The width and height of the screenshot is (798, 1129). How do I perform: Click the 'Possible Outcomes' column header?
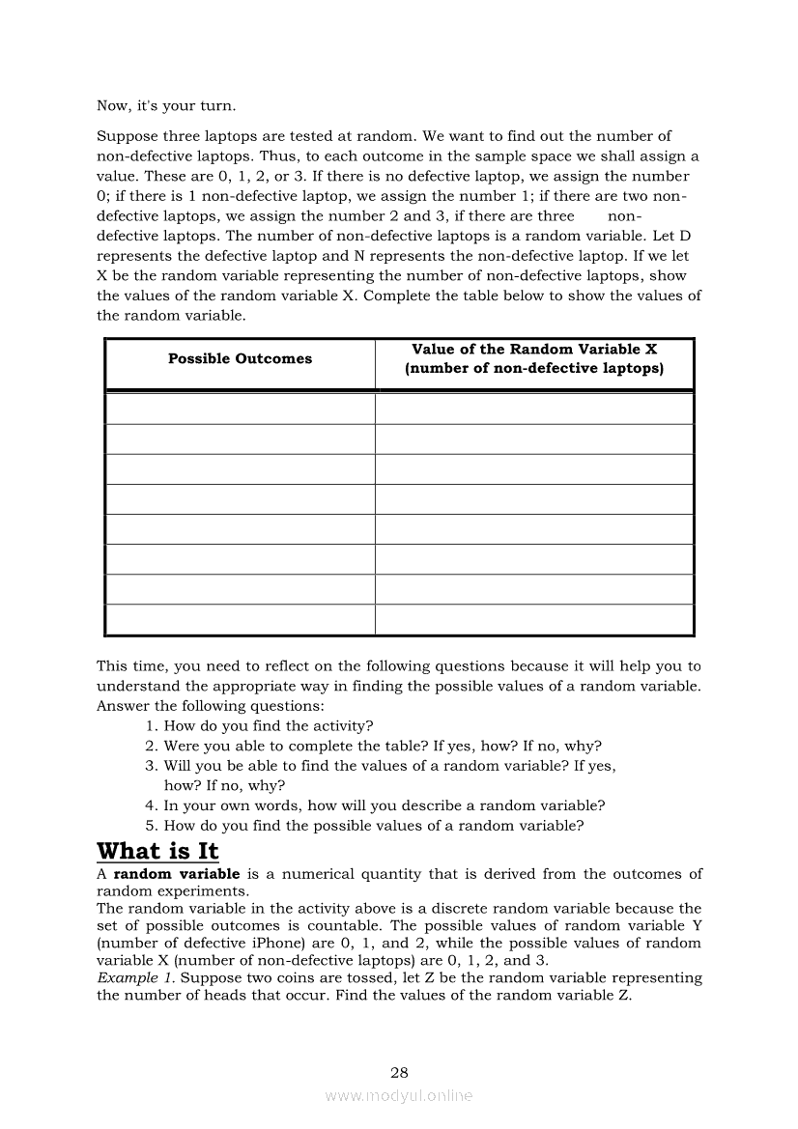(x=240, y=359)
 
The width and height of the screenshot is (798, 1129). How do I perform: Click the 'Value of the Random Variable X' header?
(x=534, y=350)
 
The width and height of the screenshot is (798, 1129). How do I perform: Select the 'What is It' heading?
(x=157, y=851)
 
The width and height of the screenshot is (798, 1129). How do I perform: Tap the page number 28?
(x=399, y=1072)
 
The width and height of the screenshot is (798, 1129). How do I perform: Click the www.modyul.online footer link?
(x=399, y=1095)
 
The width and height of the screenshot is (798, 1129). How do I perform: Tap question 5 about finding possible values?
(x=374, y=825)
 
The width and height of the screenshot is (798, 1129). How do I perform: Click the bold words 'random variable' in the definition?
(x=176, y=874)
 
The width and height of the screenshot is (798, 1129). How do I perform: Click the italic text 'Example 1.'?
(x=136, y=977)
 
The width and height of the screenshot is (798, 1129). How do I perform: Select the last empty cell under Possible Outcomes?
(x=240, y=620)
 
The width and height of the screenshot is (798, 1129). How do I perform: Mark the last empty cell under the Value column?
(x=534, y=620)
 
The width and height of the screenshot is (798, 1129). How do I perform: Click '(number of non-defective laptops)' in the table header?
(x=534, y=369)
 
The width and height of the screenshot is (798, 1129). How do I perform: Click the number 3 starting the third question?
(x=151, y=766)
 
